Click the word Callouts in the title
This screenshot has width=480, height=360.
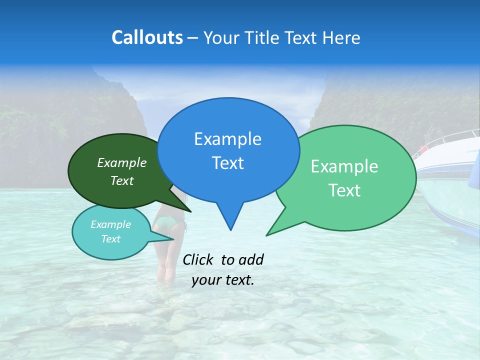[x=147, y=37]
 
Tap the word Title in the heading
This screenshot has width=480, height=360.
[x=263, y=37]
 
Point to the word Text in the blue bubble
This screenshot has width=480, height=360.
[x=227, y=163]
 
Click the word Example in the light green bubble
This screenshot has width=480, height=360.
[x=344, y=166]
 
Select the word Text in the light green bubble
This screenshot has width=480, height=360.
[x=344, y=190]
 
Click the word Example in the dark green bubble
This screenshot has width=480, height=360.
[x=122, y=162]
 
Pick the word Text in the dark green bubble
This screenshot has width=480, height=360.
[x=122, y=180]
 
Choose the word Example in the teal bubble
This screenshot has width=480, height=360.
[x=111, y=224]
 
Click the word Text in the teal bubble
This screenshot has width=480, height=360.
[x=111, y=239]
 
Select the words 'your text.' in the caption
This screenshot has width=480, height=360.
[x=223, y=280]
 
